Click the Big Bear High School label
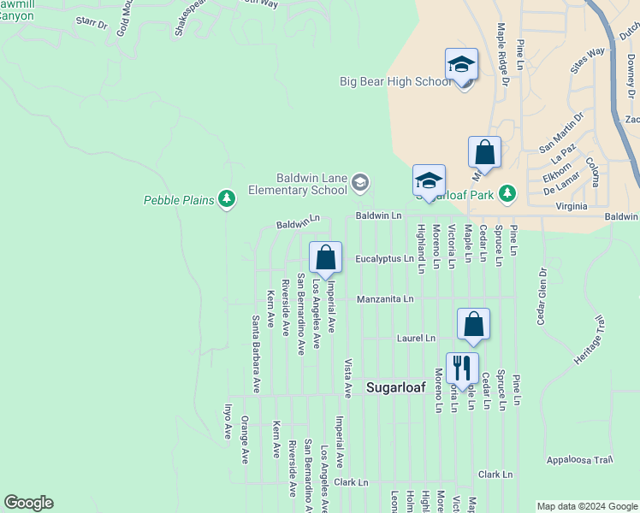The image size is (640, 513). (x=394, y=82)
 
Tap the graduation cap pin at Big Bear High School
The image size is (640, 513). (x=460, y=66)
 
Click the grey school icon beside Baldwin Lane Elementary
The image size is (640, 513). (x=360, y=181)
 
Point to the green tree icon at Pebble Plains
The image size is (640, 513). (x=226, y=199)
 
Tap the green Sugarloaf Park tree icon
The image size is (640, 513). (x=507, y=192)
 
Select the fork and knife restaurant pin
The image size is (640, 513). (x=461, y=368)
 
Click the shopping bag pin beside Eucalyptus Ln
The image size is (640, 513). (x=325, y=257)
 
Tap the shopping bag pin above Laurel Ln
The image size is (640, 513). (x=473, y=324)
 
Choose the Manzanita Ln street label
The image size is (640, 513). (x=385, y=299)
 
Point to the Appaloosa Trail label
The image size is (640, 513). (x=581, y=459)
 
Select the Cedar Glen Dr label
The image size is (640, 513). (x=542, y=296)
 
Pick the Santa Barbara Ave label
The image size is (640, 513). (x=255, y=354)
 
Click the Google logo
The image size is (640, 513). (x=28, y=503)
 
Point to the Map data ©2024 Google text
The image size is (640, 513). (x=586, y=506)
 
